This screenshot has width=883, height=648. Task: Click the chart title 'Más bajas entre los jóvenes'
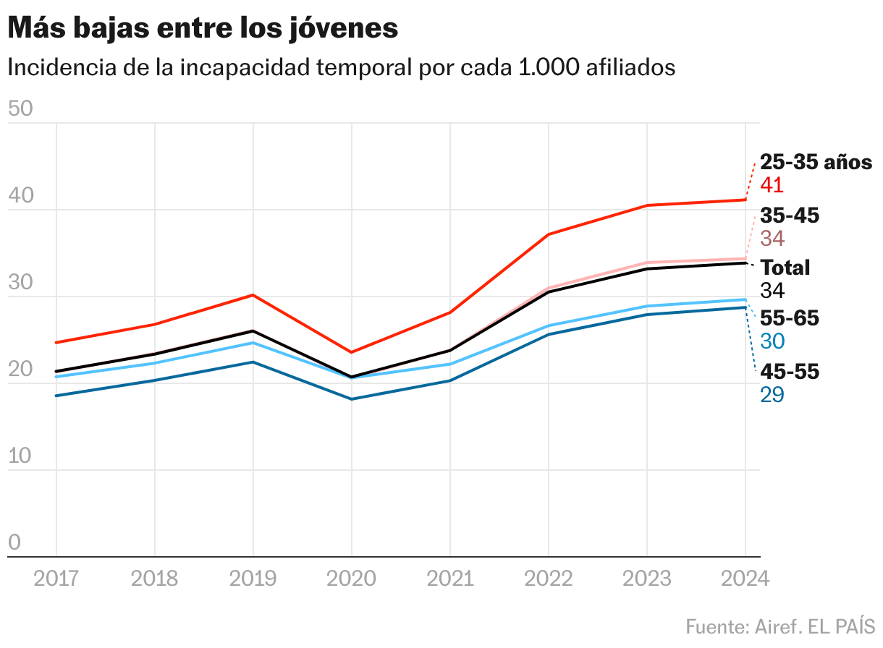[x=203, y=28]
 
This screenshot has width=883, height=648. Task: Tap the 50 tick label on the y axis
[x=20, y=109]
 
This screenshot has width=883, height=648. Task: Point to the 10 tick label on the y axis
[x=20, y=456]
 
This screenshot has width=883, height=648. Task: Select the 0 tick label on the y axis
[x=14, y=543]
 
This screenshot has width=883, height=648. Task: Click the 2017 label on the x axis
[x=56, y=579]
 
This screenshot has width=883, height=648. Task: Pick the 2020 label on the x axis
[x=352, y=579]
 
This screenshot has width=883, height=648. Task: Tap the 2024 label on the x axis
[x=745, y=579]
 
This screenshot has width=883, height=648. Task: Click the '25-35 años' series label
[x=816, y=162]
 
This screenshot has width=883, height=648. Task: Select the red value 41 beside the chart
[x=772, y=185]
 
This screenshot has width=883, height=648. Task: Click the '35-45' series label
[x=790, y=216]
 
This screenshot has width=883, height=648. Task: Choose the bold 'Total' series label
[x=785, y=268]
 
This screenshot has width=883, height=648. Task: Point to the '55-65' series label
[x=790, y=319]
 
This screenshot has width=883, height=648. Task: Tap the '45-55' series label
[x=790, y=372]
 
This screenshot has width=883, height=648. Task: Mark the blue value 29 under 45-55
[x=772, y=395]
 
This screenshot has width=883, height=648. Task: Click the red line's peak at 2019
[x=253, y=295]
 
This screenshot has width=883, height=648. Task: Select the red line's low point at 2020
[x=352, y=352]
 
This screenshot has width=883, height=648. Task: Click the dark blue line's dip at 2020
[x=352, y=399]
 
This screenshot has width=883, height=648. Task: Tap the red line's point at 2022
[x=549, y=234]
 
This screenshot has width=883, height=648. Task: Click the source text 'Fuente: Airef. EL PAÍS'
[x=780, y=626]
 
